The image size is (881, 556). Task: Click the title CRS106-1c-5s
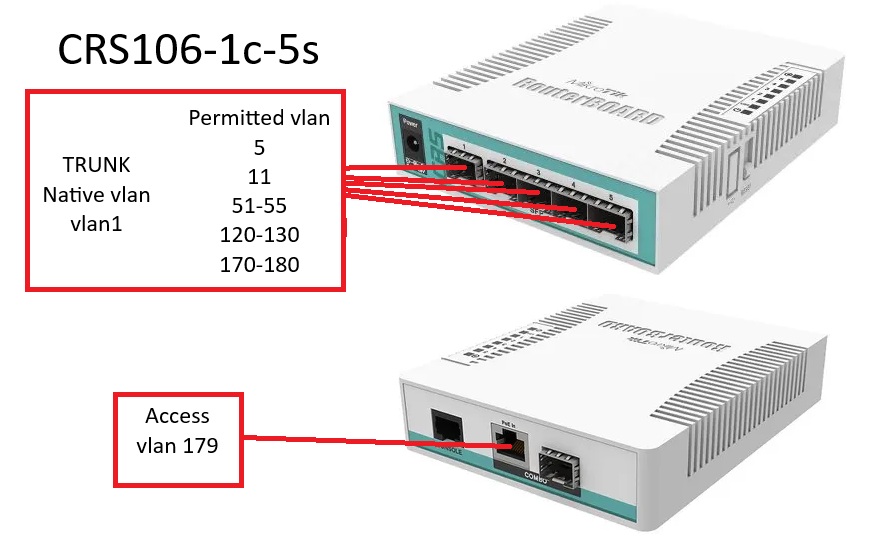coord(188,49)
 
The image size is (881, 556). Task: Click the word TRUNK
coord(96,164)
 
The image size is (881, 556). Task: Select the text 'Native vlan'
coord(96,194)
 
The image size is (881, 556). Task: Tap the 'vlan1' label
coord(96,224)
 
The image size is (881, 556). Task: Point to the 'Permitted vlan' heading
coord(259,118)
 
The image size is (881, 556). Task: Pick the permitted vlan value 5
coord(259,147)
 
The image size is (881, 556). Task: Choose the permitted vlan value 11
coord(259,176)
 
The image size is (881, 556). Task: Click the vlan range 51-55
coord(259,205)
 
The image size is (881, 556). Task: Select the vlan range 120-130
coord(259,235)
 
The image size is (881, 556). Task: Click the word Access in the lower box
coord(177,415)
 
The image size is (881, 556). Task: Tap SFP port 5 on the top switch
coord(609,222)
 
